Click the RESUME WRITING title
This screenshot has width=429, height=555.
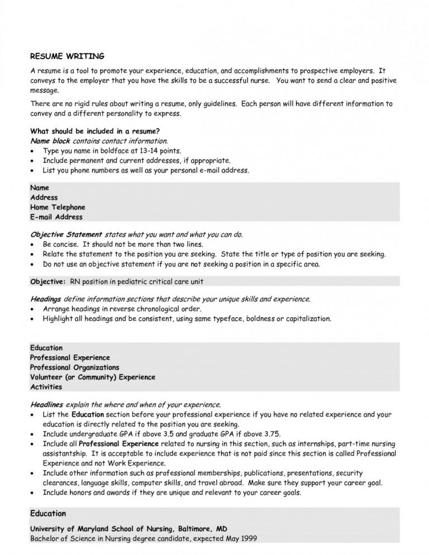[66, 56]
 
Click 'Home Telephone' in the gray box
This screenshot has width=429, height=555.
[58, 207]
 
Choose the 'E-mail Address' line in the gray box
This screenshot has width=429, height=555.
[56, 217]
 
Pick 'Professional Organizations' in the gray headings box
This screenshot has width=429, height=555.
[74, 367]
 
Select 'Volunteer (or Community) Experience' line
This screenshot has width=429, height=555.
[92, 377]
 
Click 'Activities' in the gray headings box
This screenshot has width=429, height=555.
[46, 386]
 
